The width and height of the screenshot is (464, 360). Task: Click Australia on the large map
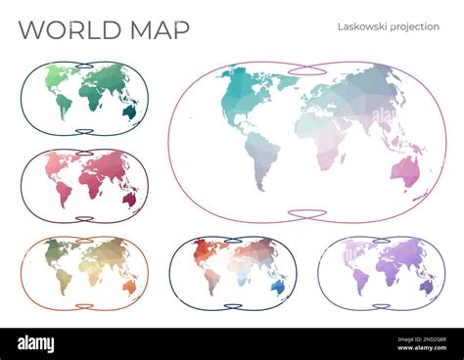(404, 172)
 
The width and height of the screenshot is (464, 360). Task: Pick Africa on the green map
(92, 99)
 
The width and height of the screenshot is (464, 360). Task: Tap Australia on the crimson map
(129, 199)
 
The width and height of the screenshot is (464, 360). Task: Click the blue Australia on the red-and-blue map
(279, 287)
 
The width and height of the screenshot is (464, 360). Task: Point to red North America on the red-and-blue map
(202, 254)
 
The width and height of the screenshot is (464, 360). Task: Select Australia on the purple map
(426, 286)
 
